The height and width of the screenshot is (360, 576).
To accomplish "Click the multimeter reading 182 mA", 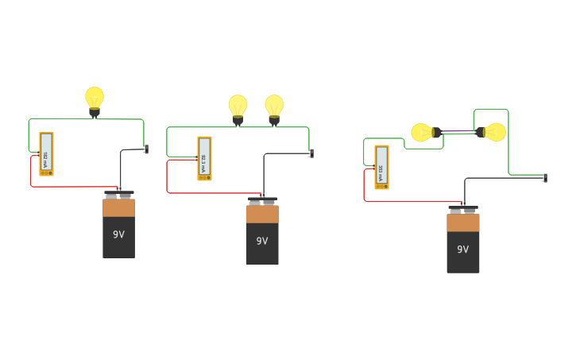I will tap(46, 153).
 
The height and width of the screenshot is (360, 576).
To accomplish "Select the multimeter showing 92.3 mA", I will tap(204, 158).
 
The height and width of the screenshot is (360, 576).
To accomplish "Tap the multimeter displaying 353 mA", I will tap(381, 167).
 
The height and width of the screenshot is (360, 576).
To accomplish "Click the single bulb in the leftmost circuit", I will tap(95, 99).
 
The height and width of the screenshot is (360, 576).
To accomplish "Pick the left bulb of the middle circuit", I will tap(238, 106).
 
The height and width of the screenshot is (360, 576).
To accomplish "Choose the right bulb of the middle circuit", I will tap(274, 106).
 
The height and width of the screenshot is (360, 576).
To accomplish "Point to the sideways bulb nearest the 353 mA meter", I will tap(423, 132).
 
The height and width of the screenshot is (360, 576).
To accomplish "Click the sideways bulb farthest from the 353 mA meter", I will tap(493, 132).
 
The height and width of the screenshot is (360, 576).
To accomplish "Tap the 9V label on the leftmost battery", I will tap(118, 234).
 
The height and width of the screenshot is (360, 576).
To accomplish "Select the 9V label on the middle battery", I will tap(262, 241).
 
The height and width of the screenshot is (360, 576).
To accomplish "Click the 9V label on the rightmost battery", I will tap(462, 249).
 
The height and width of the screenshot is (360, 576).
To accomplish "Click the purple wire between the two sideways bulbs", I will tap(458, 132).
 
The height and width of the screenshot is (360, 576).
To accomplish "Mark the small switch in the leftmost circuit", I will tap(146, 149).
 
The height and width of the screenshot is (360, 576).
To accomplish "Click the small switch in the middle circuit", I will tap(311, 153).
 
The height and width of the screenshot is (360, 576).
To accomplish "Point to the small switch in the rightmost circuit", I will tap(544, 178).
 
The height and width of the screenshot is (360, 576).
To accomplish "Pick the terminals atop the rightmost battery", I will tap(462, 210).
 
